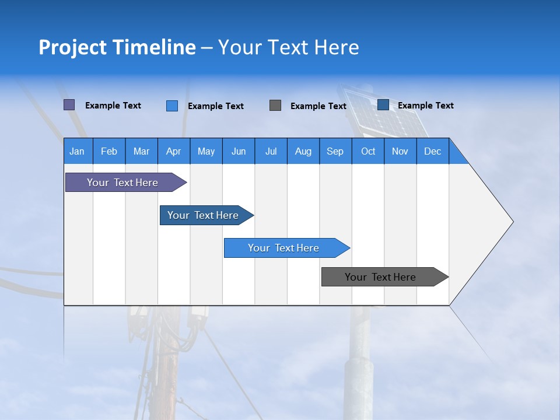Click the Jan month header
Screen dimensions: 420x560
point(78,151)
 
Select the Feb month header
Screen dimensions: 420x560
point(109,151)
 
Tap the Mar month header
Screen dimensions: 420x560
point(141,151)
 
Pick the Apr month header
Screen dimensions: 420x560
point(174,151)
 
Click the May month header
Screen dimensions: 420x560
point(206,151)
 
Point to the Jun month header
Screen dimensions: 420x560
point(239,151)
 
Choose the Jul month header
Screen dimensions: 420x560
point(271,151)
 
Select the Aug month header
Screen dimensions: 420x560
point(303,151)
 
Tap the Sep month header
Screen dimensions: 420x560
point(335,151)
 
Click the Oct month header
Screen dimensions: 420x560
point(368,151)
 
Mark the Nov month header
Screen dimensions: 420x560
point(400,151)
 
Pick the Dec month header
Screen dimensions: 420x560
point(433,151)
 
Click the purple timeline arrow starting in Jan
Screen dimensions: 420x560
point(123,183)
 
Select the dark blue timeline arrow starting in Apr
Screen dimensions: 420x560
point(204,215)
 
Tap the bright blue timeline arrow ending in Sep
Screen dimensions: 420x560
point(284,248)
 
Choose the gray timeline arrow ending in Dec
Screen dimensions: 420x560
point(381,277)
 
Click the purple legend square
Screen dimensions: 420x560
point(69,105)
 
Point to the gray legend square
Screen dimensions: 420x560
point(275,105)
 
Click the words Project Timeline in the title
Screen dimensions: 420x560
point(117,47)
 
